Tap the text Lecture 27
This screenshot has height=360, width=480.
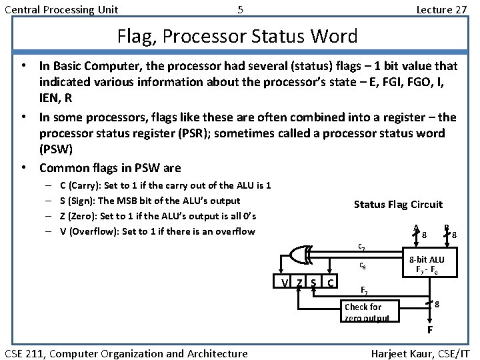coord(441,9)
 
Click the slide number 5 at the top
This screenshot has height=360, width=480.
coord(240,9)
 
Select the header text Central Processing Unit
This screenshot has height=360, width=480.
coord(62,9)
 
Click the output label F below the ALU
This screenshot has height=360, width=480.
coord(430,330)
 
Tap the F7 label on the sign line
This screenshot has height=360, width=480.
coord(364,291)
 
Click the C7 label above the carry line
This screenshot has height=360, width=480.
coord(361,246)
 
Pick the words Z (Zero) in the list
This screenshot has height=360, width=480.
coord(79,216)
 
